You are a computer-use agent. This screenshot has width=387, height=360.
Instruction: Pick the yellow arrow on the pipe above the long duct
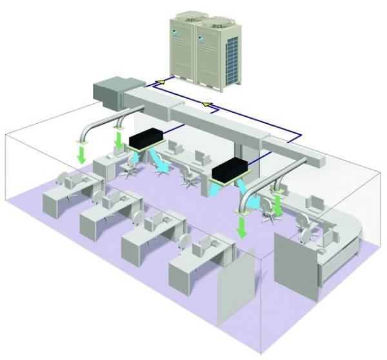click(x=206, y=103)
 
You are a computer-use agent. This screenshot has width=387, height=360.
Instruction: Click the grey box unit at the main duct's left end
click(x=117, y=91)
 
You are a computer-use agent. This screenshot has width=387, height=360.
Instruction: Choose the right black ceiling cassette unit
click(x=230, y=170)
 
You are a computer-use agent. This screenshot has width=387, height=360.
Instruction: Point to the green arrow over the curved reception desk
click(x=278, y=205)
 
